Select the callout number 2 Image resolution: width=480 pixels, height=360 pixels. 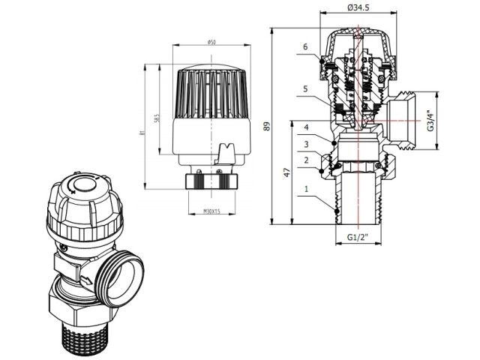click(x=306, y=160)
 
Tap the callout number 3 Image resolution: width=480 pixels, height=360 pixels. click(x=306, y=143)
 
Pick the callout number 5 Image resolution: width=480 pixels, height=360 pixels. click(x=306, y=89)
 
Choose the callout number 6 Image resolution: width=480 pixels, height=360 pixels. click(x=306, y=47)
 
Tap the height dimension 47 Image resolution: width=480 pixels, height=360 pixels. click(x=286, y=172)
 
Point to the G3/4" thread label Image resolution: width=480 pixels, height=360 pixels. click(x=430, y=121)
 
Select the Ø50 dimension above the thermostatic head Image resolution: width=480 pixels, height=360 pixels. click(x=212, y=42)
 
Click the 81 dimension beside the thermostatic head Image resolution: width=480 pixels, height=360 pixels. click(x=143, y=133)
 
